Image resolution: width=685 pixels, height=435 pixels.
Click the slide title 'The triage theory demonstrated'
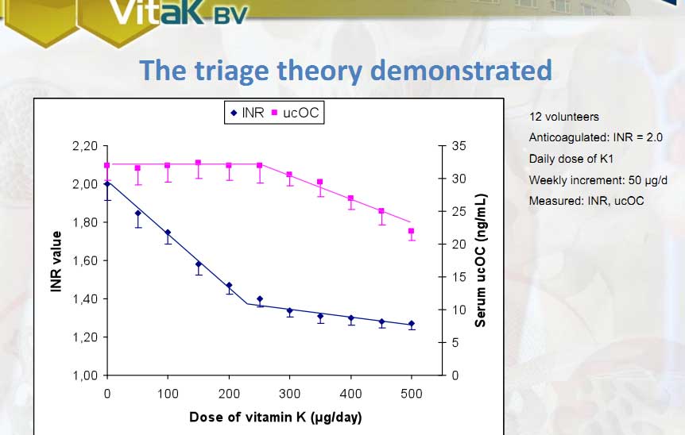coord(346,71)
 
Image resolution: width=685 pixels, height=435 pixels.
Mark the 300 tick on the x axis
coord(289,393)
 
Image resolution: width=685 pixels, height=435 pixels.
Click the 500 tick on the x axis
coord(411,393)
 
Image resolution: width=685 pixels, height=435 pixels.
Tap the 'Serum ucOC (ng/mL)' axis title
coord(481,260)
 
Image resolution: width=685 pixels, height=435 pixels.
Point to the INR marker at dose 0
coord(107,184)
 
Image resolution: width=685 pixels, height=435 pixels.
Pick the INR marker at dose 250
coord(259,299)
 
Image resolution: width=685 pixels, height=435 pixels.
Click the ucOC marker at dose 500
coord(411,232)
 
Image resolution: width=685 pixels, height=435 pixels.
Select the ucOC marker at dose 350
coord(320,183)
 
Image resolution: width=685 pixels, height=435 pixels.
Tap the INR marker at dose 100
coord(168,233)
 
